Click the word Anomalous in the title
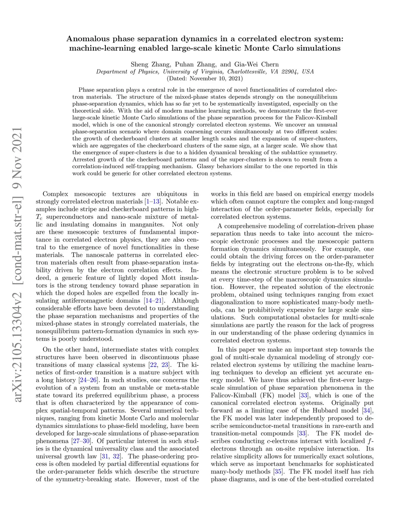click(88, 39)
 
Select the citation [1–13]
click(153, 202)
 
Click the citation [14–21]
click(155, 301)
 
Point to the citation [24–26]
click(88, 380)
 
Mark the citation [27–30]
click(81, 441)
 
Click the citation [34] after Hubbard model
click(368, 410)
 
